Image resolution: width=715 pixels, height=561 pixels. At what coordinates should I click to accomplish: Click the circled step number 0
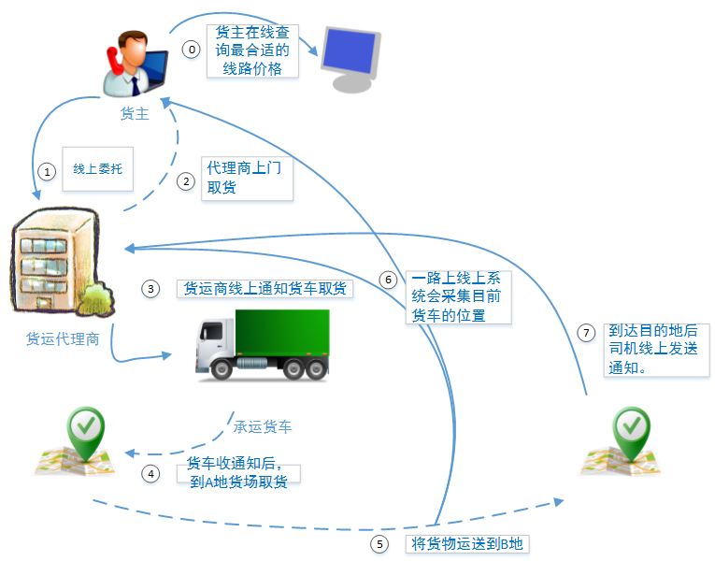click(191, 50)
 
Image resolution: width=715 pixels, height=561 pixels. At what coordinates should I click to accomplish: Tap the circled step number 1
click(44, 171)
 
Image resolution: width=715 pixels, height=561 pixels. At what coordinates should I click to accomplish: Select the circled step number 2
click(186, 180)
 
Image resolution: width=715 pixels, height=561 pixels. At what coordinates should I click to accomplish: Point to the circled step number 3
click(150, 289)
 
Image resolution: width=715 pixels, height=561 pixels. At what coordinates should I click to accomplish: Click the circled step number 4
click(150, 473)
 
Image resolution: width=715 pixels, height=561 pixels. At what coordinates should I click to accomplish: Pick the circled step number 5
click(379, 543)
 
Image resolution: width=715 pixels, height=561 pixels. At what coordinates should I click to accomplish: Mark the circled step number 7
click(586, 333)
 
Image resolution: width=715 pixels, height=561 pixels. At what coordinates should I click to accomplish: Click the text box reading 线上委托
click(97, 169)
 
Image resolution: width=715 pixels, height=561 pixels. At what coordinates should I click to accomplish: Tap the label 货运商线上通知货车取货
click(265, 288)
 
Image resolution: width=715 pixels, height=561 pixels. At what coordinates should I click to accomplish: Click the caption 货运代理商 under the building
click(63, 338)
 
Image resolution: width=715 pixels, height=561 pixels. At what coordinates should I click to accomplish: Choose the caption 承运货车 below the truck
click(262, 426)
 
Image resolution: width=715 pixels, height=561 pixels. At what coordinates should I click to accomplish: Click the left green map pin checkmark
click(87, 428)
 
